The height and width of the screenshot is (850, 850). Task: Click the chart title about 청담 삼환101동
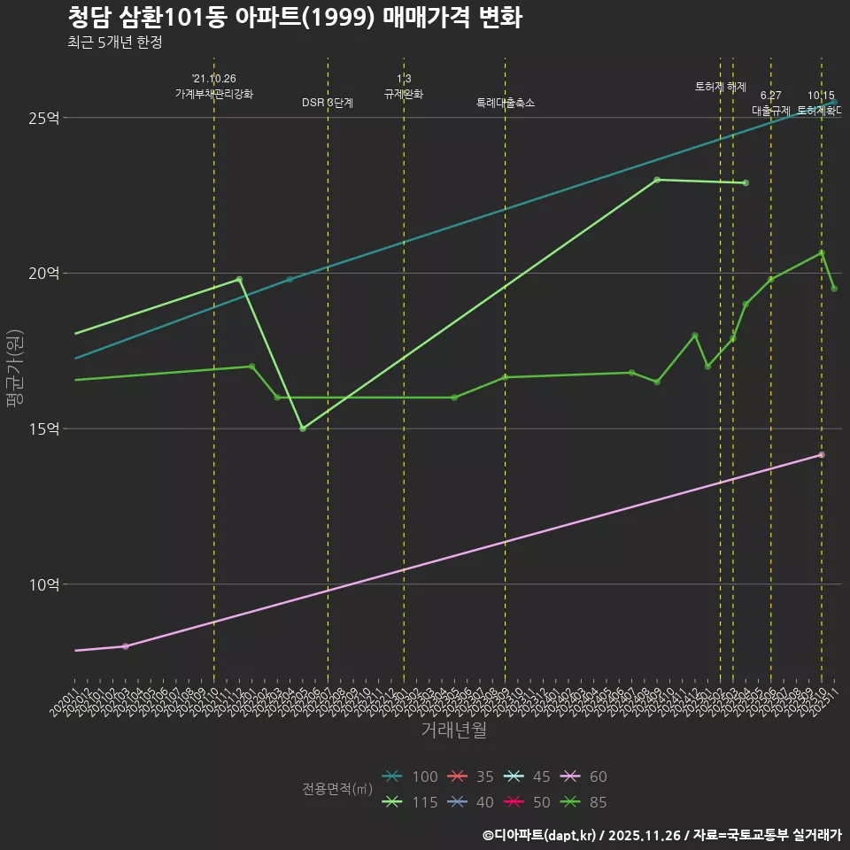tap(294, 18)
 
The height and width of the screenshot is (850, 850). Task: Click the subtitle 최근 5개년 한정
tap(114, 42)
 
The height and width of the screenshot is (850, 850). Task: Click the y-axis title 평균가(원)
tap(16, 367)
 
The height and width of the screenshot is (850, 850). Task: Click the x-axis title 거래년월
tap(453, 730)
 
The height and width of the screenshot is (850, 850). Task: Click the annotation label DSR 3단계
tap(328, 103)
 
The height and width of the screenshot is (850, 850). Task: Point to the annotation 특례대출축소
tap(506, 103)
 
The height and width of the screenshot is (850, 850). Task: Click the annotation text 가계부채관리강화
tap(214, 94)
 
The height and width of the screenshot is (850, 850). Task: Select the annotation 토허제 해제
tap(721, 87)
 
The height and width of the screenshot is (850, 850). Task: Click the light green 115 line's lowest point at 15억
tap(303, 429)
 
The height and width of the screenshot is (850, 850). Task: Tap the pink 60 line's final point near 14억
tap(822, 455)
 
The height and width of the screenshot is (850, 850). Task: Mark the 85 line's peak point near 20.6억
tap(822, 253)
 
